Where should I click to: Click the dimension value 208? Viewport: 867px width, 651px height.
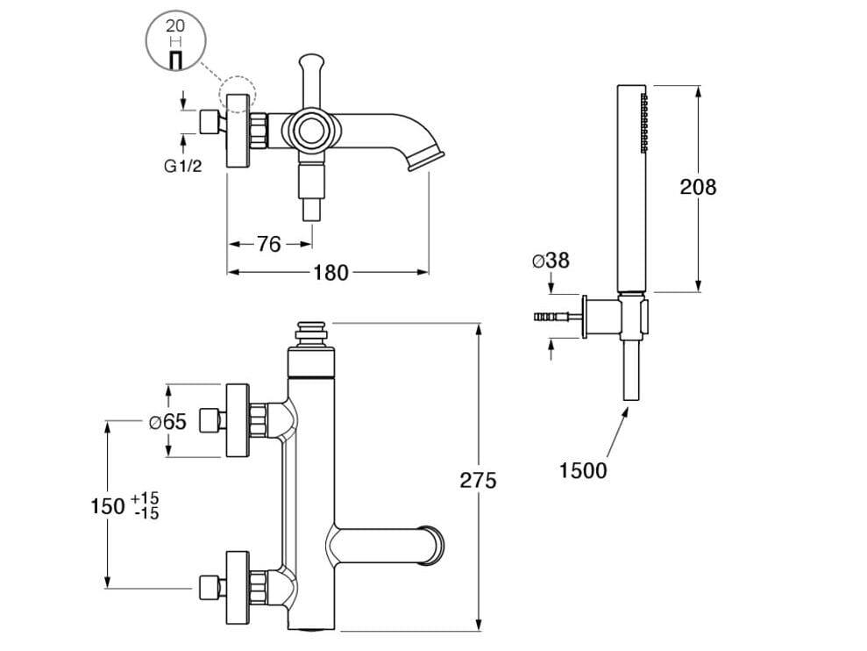698,187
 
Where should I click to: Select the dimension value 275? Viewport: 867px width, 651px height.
478,480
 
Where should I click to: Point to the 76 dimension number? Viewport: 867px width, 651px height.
268,244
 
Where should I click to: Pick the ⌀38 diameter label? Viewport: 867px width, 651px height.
550,260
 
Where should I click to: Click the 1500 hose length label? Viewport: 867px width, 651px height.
583,470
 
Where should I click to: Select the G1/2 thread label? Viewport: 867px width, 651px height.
182,166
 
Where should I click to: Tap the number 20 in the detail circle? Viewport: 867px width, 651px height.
174,27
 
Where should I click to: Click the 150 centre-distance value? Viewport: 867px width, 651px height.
108,505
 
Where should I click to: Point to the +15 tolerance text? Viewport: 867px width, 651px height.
145,498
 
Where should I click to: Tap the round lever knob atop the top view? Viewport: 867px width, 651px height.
309,63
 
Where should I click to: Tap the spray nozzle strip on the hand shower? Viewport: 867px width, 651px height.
644,123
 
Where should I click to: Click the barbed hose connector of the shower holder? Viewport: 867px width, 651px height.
550,316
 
